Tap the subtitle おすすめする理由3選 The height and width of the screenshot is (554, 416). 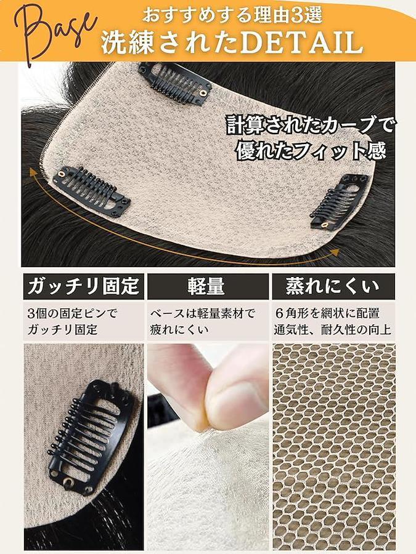pos(232,15)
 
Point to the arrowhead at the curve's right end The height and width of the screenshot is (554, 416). pos(334,252)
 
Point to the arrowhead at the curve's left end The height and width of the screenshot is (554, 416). pos(34,173)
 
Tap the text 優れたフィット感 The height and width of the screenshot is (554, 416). pos(311,151)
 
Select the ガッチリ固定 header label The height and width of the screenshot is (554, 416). pos(83,286)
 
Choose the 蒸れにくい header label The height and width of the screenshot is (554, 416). pos(332,286)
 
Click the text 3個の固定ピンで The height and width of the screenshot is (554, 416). pos(72,313)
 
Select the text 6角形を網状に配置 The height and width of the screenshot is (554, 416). pos(327,313)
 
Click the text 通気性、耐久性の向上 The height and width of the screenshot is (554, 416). pos(333,330)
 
